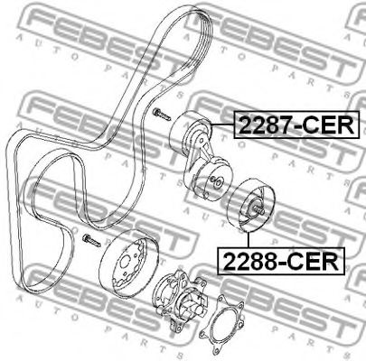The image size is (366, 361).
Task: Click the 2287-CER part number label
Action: [296, 125]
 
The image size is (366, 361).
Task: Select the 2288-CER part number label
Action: [281, 261]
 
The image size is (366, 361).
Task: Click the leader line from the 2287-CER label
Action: [222, 125]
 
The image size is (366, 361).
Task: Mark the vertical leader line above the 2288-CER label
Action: [249, 239]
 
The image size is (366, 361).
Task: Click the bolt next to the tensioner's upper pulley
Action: [162, 115]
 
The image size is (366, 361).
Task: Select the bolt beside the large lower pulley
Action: [91, 240]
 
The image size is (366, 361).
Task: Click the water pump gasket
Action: [221, 322]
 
